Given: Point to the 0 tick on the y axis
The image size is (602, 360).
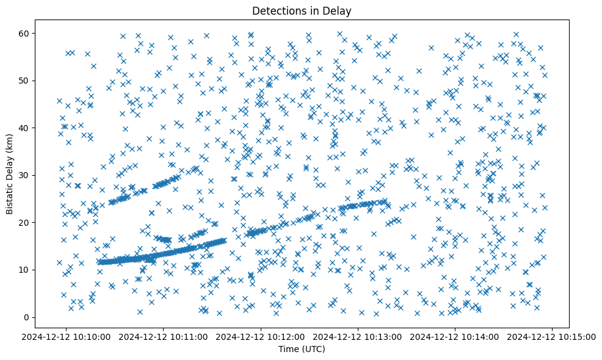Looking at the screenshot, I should (41, 317).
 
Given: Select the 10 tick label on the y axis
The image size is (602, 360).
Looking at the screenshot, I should (38, 270).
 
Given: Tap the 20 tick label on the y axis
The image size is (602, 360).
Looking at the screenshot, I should (38, 222).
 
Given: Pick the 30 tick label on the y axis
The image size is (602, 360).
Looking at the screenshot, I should (38, 175).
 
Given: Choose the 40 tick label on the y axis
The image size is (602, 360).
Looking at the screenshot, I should (38, 128).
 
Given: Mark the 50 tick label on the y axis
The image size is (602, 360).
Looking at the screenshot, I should (38, 81).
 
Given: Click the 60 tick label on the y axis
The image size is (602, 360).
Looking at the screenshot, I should (38, 33).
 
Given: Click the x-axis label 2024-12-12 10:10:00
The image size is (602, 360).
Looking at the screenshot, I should (67, 336).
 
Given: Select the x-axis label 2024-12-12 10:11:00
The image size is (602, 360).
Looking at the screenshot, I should (164, 336).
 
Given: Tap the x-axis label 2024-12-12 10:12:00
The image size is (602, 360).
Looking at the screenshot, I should (261, 336).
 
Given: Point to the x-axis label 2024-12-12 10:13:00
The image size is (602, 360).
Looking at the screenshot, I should (358, 336).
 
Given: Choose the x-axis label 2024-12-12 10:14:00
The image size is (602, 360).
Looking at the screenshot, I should (455, 336).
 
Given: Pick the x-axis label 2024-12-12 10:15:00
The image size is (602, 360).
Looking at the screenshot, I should (552, 336).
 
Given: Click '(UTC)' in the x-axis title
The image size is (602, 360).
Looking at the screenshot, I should (314, 350).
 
